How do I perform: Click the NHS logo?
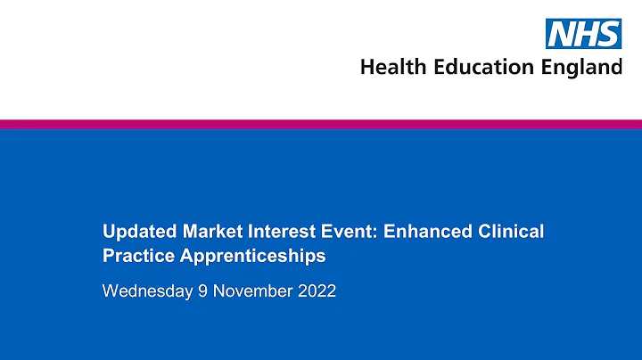coord(583,35)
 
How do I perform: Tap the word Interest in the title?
coord(278,233)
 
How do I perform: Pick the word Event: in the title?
coord(346,233)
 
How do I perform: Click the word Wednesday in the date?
coord(147,290)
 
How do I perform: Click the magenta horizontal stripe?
coord(321,124)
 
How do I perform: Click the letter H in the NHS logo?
coord(585,35)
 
